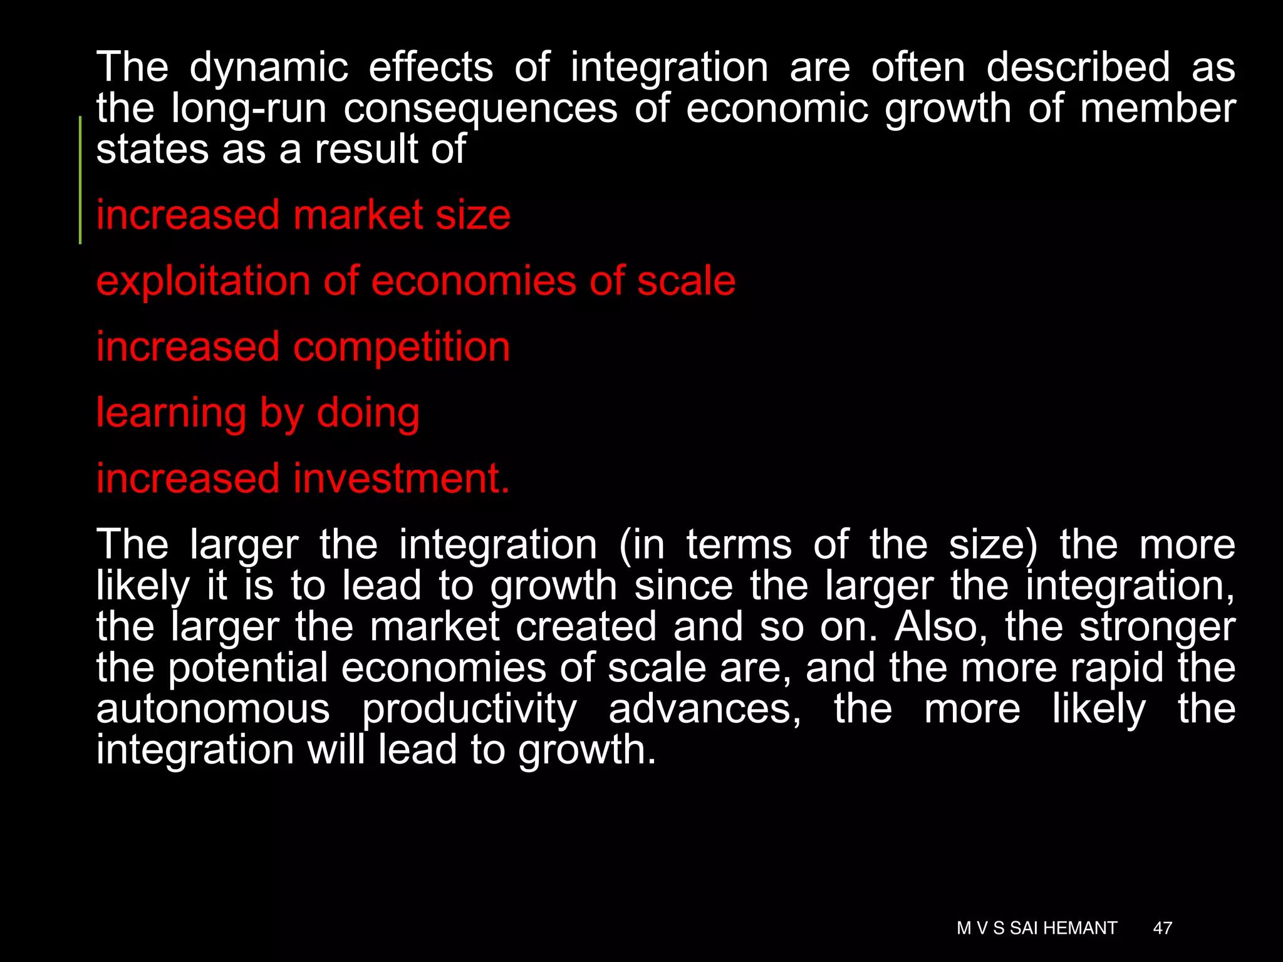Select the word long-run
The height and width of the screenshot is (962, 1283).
(249, 108)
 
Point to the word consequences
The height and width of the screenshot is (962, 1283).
(480, 108)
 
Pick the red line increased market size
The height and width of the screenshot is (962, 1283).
(303, 215)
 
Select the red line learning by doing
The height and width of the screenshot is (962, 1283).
(257, 413)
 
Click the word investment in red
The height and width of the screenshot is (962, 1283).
(402, 478)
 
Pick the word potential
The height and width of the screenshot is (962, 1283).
(248, 668)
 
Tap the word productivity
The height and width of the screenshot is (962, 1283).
(469, 710)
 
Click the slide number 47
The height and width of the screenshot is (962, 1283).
(1162, 928)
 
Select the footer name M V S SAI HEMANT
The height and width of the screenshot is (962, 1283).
(1037, 928)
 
